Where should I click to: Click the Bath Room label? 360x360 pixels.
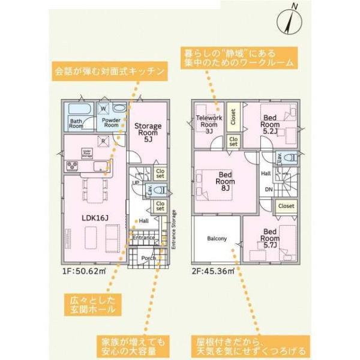point(76,124)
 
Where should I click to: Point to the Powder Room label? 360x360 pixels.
point(112,122)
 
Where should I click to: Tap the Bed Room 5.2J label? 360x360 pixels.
point(270,123)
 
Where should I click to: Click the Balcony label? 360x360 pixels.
point(217,239)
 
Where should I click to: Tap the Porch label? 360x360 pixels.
point(148,258)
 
